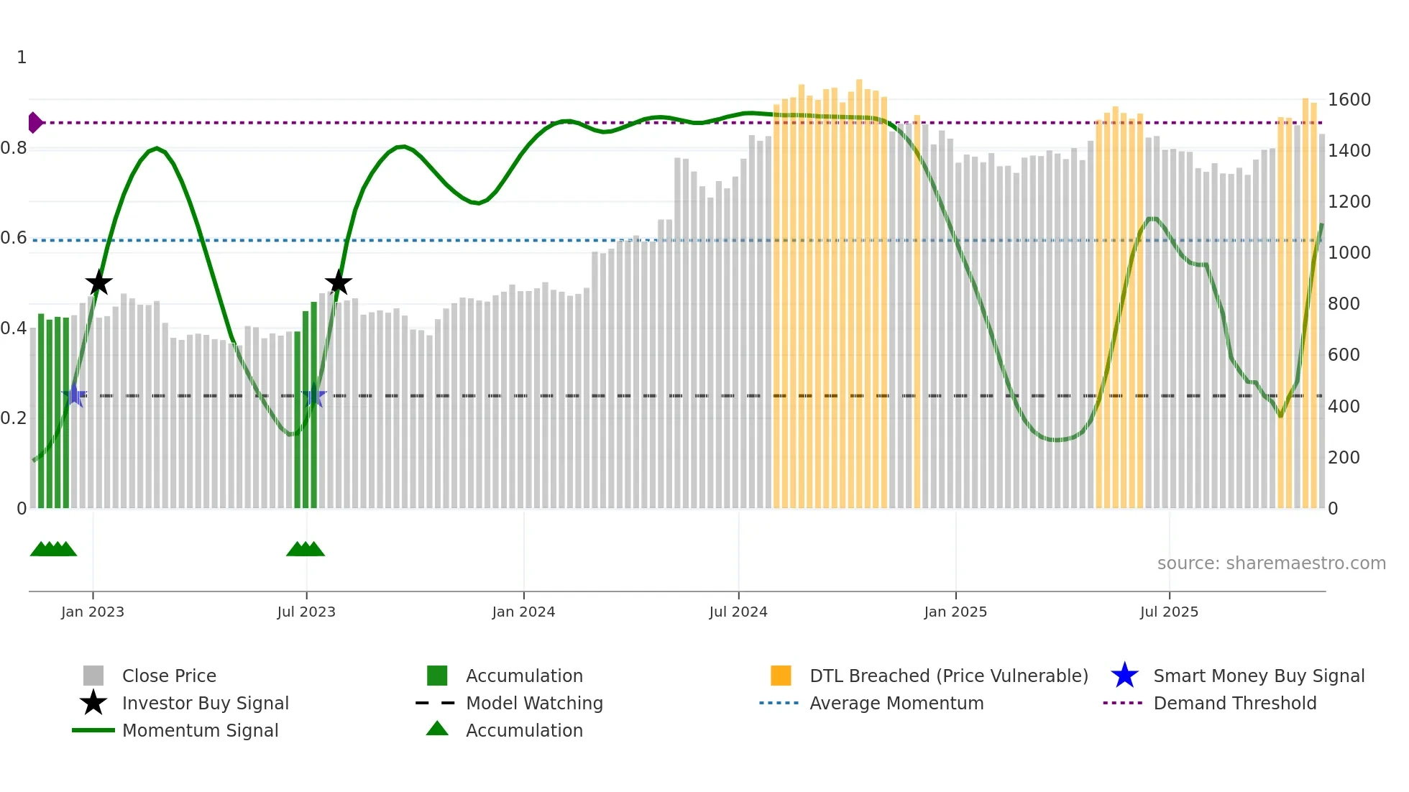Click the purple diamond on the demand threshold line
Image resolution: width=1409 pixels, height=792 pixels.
(35, 123)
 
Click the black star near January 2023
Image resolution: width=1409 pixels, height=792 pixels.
(98, 283)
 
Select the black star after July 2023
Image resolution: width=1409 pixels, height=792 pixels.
(338, 283)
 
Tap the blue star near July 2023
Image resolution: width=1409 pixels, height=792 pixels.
(314, 396)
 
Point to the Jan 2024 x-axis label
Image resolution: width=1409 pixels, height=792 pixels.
(523, 612)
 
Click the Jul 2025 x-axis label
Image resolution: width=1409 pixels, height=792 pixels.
(1169, 612)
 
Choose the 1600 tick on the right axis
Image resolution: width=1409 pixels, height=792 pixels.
(1349, 100)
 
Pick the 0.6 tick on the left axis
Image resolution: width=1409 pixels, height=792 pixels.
(14, 238)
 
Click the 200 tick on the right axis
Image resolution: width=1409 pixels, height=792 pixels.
(1344, 458)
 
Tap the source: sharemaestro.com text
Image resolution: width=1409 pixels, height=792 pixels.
(1271, 563)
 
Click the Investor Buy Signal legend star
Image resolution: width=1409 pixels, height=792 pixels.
(93, 703)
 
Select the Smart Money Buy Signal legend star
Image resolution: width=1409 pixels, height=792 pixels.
(1124, 676)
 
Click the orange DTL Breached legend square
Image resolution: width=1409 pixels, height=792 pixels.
(781, 676)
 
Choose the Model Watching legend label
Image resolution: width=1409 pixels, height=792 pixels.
(534, 703)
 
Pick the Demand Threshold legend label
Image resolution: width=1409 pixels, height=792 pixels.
(1234, 703)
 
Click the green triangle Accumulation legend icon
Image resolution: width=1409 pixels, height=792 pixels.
(437, 729)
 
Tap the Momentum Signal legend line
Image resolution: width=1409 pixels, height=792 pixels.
(93, 730)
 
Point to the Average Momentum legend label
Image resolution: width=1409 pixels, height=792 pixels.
(896, 703)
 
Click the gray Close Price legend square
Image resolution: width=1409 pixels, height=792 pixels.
(93, 676)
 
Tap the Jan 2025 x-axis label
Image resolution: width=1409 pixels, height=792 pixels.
(955, 612)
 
